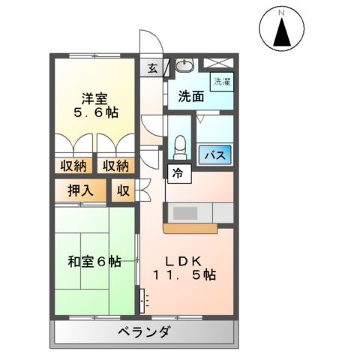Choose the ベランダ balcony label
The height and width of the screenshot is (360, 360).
(x=144, y=333)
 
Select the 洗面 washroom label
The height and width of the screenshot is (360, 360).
(x=190, y=97)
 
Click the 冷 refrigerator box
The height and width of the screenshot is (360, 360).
(x=177, y=172)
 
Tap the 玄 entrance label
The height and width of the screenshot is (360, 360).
(x=153, y=69)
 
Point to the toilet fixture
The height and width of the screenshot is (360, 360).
(x=178, y=144)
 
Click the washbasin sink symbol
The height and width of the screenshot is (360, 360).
(x=183, y=67)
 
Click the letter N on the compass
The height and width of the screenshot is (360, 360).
(x=283, y=13)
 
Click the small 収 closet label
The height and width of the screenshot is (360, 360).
(x=123, y=190)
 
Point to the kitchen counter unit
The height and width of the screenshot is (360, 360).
(x=190, y=213)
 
